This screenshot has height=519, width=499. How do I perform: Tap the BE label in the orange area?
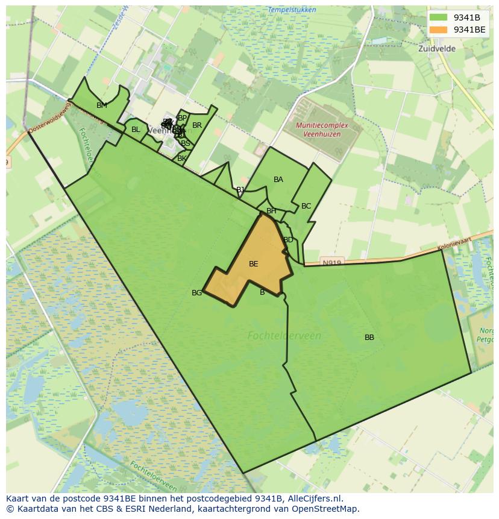pyautogui.click(x=254, y=264)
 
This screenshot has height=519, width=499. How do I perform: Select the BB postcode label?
pyautogui.click(x=369, y=338)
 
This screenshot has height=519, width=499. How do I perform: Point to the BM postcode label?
pyautogui.click(x=102, y=105)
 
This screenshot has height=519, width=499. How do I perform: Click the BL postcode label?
pyautogui.click(x=136, y=130)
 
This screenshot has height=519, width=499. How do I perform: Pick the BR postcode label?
pyautogui.click(x=197, y=125)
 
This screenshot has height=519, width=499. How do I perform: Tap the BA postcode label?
pyautogui.click(x=278, y=180)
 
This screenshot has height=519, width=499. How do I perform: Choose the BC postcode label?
pyautogui.click(x=306, y=206)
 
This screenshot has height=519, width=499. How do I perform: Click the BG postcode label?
pyautogui.click(x=196, y=293)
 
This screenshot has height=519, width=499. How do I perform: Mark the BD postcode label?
pyautogui.click(x=288, y=240)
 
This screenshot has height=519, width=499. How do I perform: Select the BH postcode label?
pyautogui.click(x=271, y=211)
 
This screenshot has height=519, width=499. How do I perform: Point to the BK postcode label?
pyautogui.click(x=181, y=159)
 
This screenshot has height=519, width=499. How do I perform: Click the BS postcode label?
pyautogui.click(x=186, y=143)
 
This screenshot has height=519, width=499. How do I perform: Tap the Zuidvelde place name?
pyautogui.click(x=437, y=48)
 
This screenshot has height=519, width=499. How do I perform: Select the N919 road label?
pyautogui.click(x=331, y=263)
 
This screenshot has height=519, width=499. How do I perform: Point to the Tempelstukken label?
pyautogui.click(x=275, y=10)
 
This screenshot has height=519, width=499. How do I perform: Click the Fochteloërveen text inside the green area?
pyautogui.click(x=284, y=336)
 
